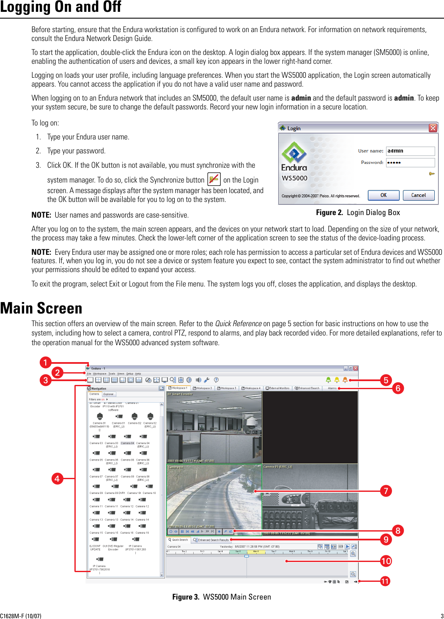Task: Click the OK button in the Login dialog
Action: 383,195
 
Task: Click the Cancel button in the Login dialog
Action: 418,195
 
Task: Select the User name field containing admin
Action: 410,151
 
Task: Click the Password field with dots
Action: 410,163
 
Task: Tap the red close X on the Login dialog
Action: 433,128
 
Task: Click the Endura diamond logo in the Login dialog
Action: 294,153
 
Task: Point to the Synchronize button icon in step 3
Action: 214,179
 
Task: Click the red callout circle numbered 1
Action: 46,363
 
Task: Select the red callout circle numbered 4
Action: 57,479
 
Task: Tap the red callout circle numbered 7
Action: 386,491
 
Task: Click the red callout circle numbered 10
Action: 386,561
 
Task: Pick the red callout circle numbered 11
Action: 385,581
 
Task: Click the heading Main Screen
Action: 41,308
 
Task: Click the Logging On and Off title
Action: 60,7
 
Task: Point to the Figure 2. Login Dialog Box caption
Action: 358,213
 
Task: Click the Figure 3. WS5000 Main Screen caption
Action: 222,597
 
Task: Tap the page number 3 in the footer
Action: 442,616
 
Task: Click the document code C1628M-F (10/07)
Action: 21,616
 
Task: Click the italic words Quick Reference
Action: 238,324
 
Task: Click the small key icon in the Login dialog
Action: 432,174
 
